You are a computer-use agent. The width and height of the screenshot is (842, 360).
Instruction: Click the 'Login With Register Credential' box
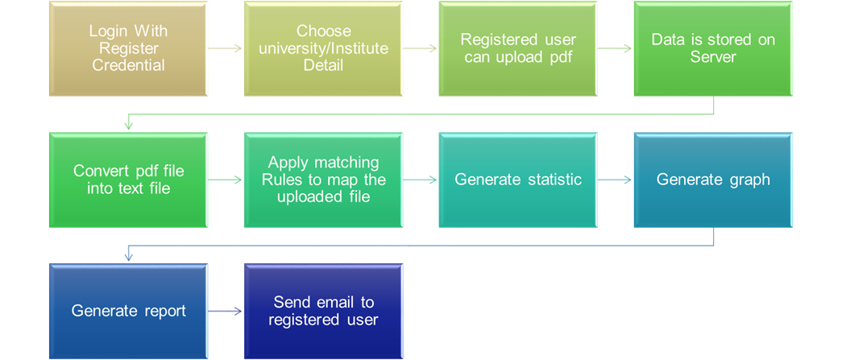[128, 48]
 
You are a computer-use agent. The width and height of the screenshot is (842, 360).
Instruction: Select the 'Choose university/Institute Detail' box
[323, 48]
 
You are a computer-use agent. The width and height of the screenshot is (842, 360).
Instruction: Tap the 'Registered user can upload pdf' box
[517, 48]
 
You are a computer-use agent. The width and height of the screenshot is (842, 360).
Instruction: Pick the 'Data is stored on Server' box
[713, 48]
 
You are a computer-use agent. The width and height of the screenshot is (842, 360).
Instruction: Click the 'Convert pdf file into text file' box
[128, 180]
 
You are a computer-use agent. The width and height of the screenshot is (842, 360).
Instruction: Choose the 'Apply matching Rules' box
[323, 180]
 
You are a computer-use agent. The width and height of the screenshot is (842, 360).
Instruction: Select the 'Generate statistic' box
[517, 180]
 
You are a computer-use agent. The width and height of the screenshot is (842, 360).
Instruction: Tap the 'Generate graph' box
[713, 180]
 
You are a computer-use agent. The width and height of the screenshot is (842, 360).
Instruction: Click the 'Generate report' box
[128, 311]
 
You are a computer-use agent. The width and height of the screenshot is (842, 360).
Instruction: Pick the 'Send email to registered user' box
[323, 311]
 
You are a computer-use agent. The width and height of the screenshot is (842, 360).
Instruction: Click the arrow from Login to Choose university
[226, 48]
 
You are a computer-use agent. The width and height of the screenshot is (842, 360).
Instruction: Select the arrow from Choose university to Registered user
[421, 48]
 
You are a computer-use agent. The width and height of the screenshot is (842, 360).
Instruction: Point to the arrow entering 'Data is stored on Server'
[616, 48]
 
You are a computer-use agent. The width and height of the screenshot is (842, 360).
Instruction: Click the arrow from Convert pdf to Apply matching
[226, 180]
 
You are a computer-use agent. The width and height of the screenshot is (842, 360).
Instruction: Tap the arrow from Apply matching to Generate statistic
[421, 180]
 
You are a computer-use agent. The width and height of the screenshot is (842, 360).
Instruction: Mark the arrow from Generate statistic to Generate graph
[616, 180]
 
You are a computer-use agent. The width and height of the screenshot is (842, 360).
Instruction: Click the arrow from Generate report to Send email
[226, 311]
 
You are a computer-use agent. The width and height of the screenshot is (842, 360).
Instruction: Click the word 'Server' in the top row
[713, 56]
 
